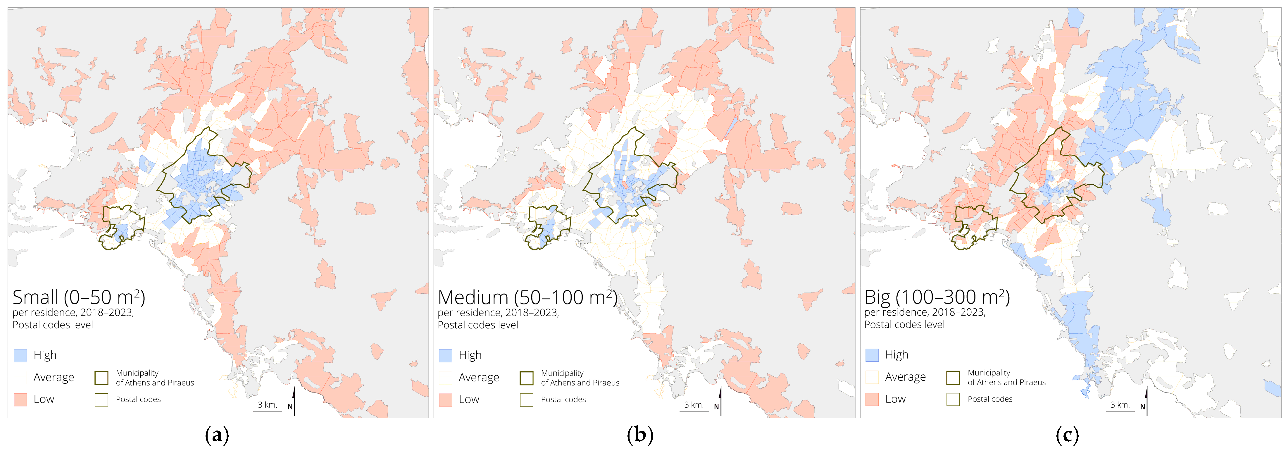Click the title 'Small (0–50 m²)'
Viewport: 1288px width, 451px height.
pos(78,297)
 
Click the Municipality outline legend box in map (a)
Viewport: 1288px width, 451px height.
pos(101,378)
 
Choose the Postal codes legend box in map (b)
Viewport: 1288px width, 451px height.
pos(527,400)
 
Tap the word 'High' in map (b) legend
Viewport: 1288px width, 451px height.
pos(470,355)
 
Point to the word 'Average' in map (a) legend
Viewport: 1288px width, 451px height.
pos(54,377)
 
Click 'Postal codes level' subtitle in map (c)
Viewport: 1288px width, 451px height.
pos(904,324)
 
